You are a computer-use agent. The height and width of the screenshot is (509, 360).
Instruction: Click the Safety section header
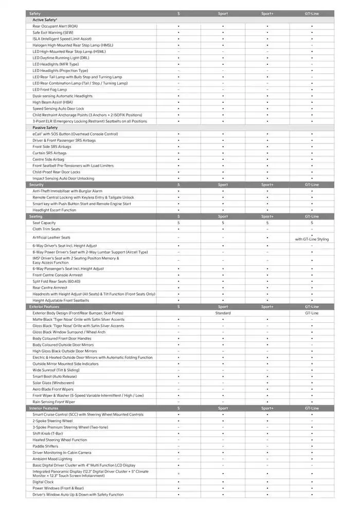click(35, 13)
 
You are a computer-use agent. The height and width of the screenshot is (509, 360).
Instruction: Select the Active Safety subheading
click(45, 20)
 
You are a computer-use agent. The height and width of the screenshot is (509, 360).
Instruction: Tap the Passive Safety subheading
click(45, 128)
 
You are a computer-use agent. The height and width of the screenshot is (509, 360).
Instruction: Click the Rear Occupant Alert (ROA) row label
click(55, 26)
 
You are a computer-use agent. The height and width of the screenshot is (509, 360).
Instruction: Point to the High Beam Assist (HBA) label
click(52, 102)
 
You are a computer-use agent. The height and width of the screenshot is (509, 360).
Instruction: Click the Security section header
click(37, 185)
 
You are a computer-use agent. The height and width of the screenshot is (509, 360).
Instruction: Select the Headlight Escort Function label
click(54, 210)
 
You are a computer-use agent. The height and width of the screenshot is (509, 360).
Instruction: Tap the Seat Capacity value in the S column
click(178, 223)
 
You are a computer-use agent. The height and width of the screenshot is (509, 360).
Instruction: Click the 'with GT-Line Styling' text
click(312, 239)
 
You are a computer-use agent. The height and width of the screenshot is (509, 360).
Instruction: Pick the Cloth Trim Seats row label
click(46, 229)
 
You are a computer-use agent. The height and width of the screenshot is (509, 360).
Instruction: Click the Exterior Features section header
click(44, 306)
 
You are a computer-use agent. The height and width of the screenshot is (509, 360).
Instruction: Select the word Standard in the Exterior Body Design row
click(223, 313)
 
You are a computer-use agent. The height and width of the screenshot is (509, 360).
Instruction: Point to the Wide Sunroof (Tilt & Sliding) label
click(56, 370)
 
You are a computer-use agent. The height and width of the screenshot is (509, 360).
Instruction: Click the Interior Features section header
click(44, 408)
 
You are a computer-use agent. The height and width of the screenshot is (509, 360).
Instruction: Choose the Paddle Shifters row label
click(46, 446)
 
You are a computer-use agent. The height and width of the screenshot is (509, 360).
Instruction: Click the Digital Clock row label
click(43, 482)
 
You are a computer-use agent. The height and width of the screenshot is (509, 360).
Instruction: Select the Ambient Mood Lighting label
click(52, 459)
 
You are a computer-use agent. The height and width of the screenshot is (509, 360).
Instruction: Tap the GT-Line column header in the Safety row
click(312, 13)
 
